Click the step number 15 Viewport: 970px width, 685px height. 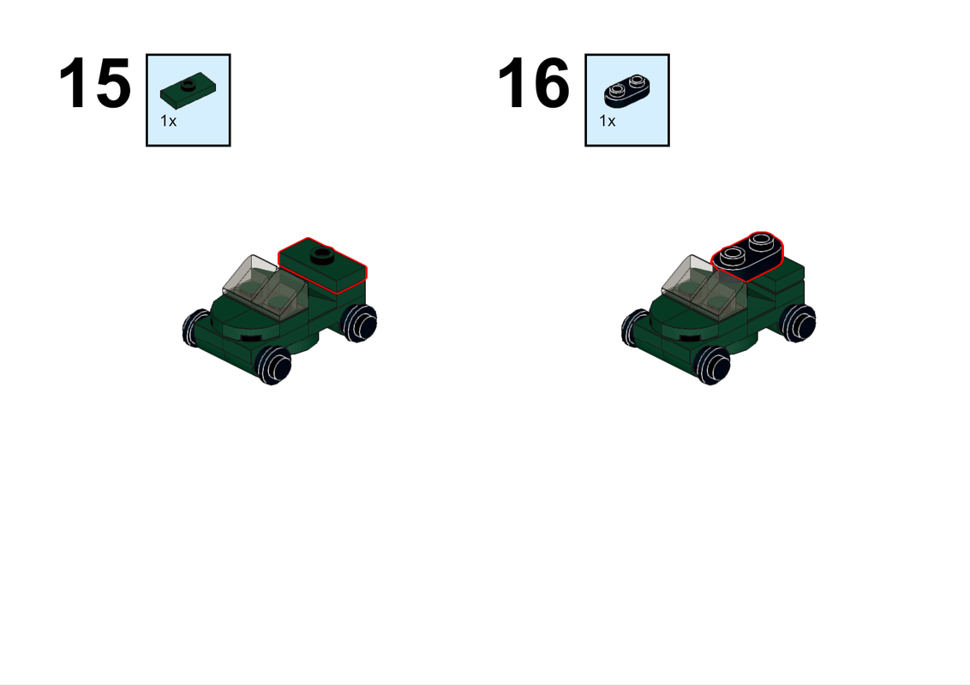(94, 84)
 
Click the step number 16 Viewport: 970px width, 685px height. (534, 84)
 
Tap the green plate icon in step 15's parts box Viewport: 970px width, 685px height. (189, 86)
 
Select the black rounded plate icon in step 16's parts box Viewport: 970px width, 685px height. (627, 86)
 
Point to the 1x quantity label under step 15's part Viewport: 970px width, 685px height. (168, 121)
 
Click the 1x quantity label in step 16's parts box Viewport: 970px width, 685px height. (607, 121)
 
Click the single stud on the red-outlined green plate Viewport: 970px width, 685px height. (322, 253)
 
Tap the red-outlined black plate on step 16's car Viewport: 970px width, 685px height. (748, 256)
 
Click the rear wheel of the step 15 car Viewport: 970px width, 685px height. (358, 323)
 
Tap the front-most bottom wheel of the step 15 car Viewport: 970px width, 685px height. (273, 366)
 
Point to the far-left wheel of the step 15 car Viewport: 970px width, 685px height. (195, 327)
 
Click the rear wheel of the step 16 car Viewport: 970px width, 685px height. (798, 323)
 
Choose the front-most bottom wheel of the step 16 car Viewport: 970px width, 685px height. (712, 366)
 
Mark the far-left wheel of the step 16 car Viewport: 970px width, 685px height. (634, 327)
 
